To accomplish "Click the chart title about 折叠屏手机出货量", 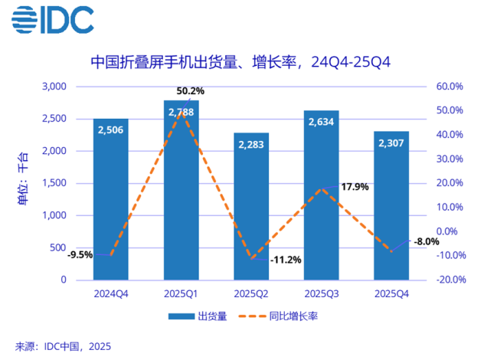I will click(240, 62).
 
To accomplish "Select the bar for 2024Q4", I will click(111, 199).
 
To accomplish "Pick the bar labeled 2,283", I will click(251, 207).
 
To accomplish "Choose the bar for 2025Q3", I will click(321, 195).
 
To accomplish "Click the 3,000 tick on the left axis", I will click(54, 87).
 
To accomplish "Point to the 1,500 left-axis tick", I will click(54, 183).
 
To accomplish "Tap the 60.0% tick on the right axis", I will click(450, 87).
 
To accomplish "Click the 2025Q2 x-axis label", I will click(251, 293).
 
